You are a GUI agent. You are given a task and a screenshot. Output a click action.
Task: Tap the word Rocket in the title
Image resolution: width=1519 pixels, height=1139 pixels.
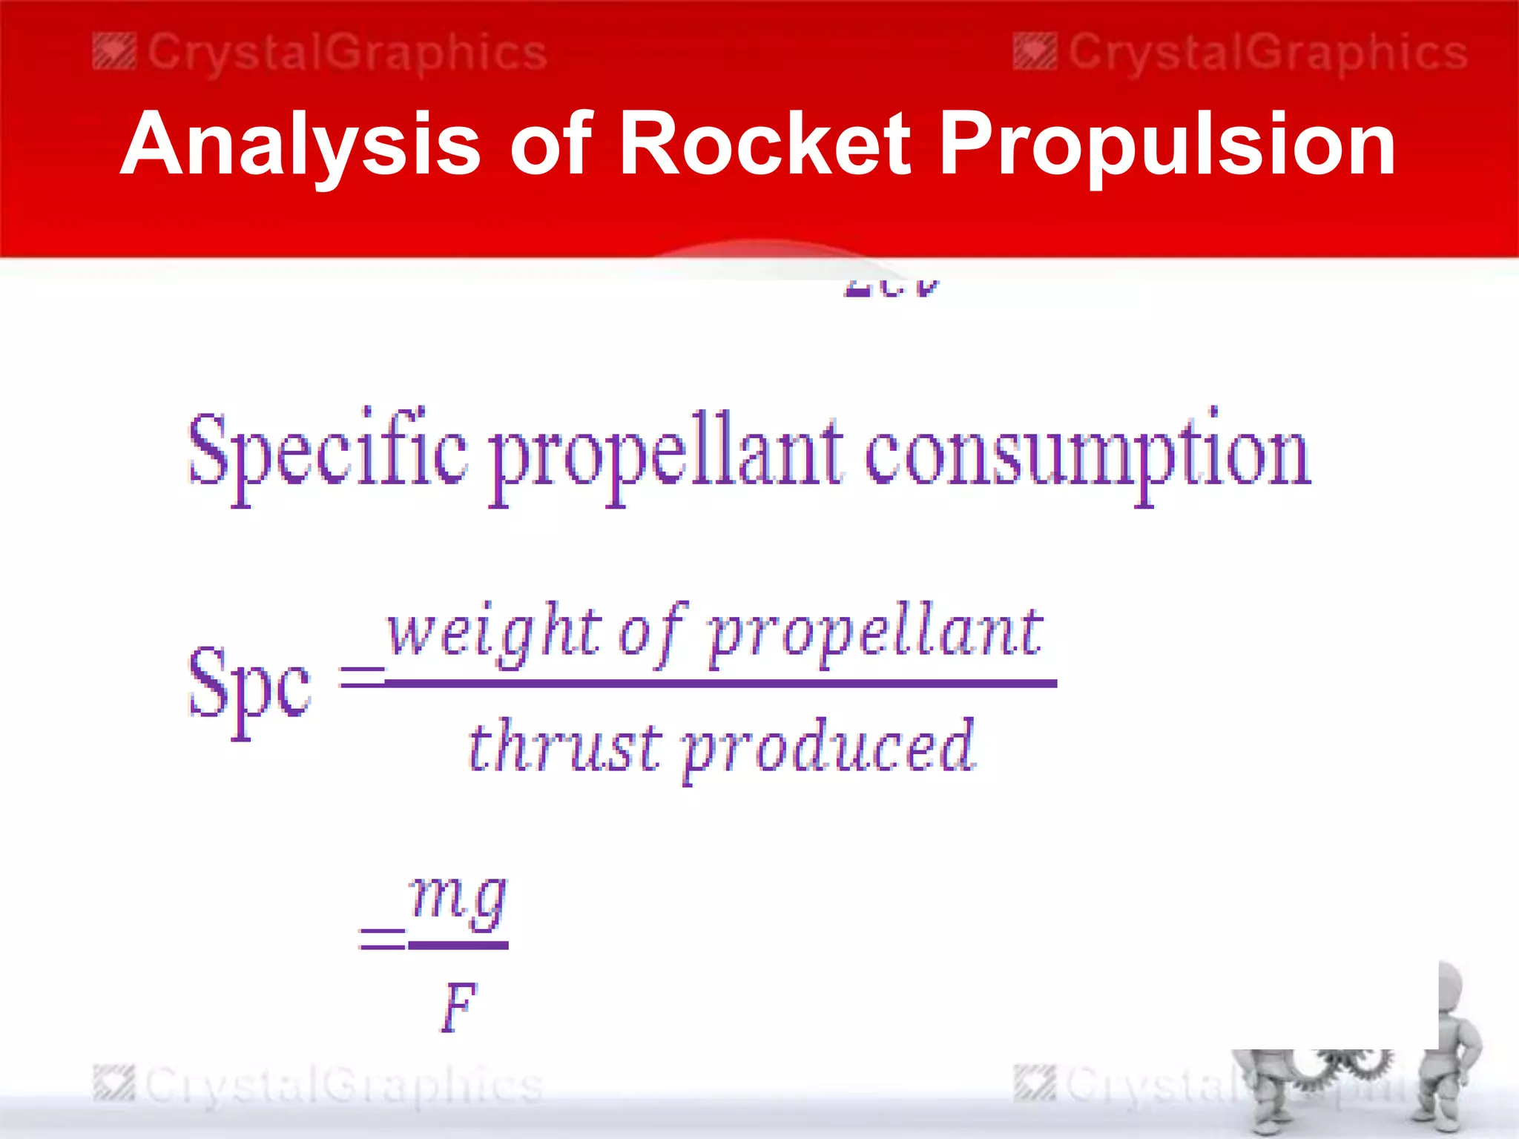point(764,144)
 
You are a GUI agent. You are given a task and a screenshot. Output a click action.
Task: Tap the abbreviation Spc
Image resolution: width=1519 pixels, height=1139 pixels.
point(248,686)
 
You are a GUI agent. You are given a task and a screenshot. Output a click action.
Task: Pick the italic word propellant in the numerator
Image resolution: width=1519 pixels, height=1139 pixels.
point(875,634)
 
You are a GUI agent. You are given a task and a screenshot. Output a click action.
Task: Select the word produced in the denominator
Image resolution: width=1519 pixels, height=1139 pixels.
point(827,749)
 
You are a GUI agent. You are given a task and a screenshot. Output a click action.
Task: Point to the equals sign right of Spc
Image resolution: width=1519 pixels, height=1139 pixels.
point(361,676)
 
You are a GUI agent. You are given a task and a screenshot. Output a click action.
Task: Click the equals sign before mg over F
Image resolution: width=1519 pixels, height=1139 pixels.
point(383,939)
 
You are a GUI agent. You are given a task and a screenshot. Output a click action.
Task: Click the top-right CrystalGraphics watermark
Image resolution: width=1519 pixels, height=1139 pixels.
point(1241,53)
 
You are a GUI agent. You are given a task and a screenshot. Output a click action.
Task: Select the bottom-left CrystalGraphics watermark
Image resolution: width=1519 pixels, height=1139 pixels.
point(319,1085)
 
